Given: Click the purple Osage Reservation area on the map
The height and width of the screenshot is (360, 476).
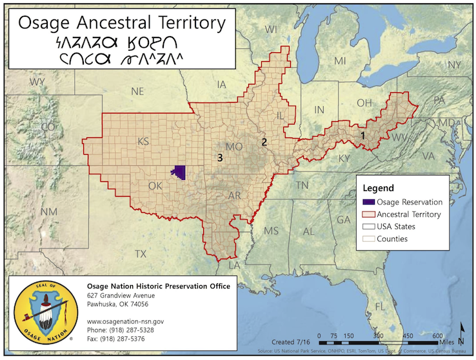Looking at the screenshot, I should tap(178, 172).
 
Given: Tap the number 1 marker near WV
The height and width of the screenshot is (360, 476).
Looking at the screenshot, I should tap(362, 136).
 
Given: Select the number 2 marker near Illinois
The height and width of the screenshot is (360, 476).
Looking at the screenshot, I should tap(263, 142).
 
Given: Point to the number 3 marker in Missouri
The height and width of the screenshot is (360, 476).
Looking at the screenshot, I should tap(220, 157).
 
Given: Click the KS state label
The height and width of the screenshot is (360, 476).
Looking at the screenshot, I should tap(143, 141).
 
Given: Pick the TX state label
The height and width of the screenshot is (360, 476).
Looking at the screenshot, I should tap(141, 254).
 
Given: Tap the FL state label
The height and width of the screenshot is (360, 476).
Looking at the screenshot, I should tap(381, 305).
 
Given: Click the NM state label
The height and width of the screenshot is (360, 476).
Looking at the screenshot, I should tap(49, 212).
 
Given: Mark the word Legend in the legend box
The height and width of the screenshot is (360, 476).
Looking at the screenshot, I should tap(379, 188).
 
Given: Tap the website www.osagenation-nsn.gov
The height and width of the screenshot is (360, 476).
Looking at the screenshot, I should tap(125, 321).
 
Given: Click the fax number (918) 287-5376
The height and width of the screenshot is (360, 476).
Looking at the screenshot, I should tap(115, 339).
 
